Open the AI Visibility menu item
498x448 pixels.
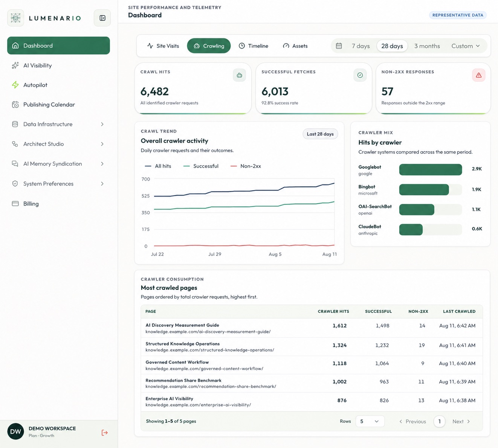[x=38, y=65]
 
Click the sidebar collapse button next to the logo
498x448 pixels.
[x=102, y=18]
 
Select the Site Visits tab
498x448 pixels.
[x=163, y=46]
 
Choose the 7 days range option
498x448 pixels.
[x=361, y=46]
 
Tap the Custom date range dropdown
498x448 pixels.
[x=466, y=46]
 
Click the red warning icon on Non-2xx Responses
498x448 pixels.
[x=478, y=75]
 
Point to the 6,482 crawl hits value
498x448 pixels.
[x=154, y=91]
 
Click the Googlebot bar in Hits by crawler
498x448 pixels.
[x=431, y=169]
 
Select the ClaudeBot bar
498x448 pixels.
[x=411, y=230]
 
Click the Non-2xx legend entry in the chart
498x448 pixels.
[x=246, y=166]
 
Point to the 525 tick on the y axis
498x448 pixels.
[x=145, y=196]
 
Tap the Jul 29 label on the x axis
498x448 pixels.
[x=215, y=254]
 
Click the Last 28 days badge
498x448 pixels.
[x=320, y=134]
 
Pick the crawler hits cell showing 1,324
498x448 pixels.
[x=339, y=345]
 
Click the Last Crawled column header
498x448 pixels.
[x=459, y=311]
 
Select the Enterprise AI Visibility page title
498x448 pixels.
[x=169, y=399]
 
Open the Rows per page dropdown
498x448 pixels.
[x=370, y=421]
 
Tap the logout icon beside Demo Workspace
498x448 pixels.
[x=104, y=433]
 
